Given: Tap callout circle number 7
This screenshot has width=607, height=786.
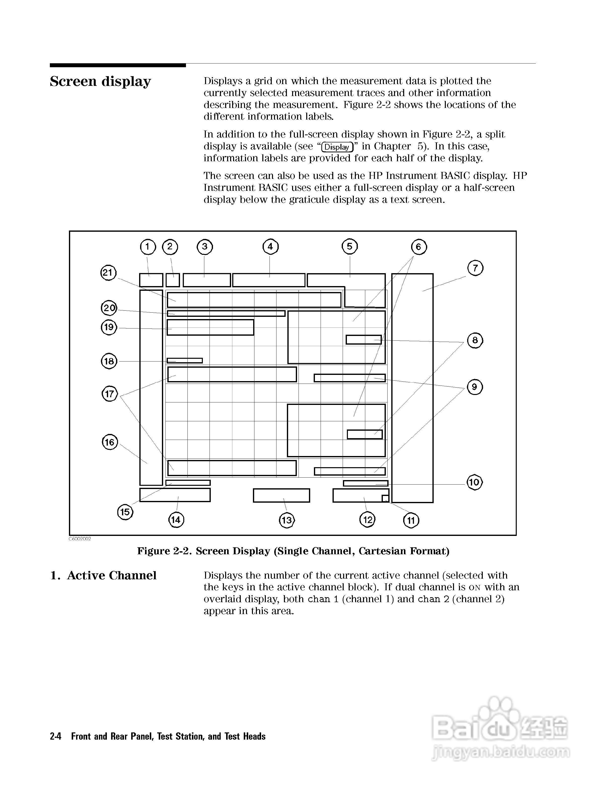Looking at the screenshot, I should (x=475, y=268).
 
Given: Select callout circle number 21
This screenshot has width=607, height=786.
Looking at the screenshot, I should (x=108, y=272).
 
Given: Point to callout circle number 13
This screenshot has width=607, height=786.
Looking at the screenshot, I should (x=287, y=520).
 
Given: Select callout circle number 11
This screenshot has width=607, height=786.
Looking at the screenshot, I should (x=411, y=520).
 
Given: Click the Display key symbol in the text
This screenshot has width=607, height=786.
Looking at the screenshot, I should (x=337, y=147).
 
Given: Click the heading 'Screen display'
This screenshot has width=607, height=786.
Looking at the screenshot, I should (x=100, y=81).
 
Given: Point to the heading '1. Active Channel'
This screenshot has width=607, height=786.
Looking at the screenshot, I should (x=104, y=575).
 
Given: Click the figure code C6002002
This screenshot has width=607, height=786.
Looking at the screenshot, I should (x=80, y=539).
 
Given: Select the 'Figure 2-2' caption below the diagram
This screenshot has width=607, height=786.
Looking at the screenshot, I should (x=293, y=551).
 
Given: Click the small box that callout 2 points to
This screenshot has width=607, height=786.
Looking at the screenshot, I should (x=173, y=280).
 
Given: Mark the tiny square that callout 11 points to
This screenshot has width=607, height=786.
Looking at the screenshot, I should (x=385, y=498).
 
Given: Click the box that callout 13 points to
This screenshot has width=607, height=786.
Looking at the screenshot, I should (x=281, y=495).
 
